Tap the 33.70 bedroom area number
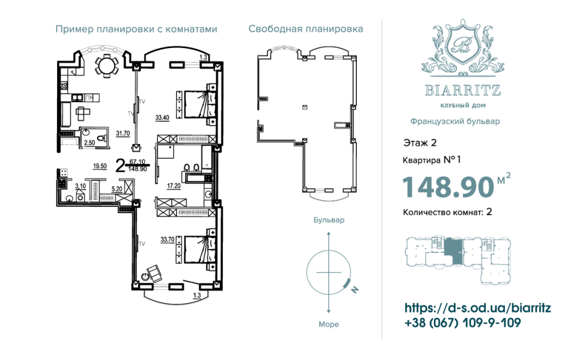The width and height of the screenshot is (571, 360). [168, 240]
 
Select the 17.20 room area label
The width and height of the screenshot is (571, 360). [174, 186]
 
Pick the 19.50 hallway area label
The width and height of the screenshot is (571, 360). [100, 166]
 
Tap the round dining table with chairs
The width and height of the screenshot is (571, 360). [104, 65]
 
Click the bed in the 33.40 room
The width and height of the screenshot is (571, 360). [198, 103]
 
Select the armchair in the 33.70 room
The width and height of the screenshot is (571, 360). [152, 273]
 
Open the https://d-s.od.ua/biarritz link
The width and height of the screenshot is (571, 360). [477, 308]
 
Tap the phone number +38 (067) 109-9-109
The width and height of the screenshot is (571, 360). [462, 323]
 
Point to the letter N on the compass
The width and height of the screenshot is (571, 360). [354, 290]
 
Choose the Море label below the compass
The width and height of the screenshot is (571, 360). [328, 324]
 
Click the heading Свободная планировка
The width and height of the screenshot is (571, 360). [306, 29]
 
